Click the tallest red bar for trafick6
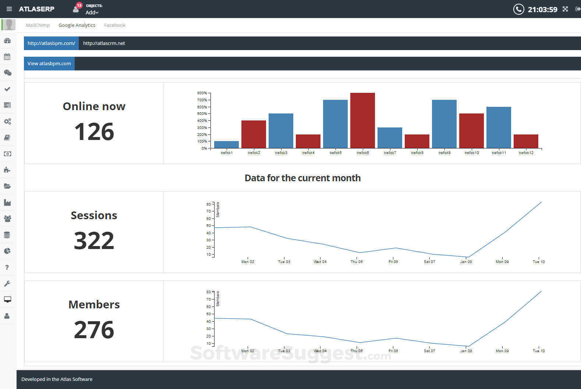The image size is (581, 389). pyautogui.click(x=362, y=120)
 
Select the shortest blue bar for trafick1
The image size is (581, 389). pyautogui.click(x=226, y=144)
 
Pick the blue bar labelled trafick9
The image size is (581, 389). pyautogui.click(x=444, y=124)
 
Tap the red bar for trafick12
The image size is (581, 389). pyautogui.click(x=526, y=141)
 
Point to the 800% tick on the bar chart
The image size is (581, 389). pyautogui.click(x=202, y=93)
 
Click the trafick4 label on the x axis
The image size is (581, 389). pyautogui.click(x=308, y=153)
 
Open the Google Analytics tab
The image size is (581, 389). pyautogui.click(x=77, y=25)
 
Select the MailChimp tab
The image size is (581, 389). pyautogui.click(x=38, y=25)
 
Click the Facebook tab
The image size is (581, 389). pyautogui.click(x=114, y=25)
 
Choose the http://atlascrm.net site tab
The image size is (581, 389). pyautogui.click(x=104, y=43)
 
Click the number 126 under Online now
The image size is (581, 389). pyautogui.click(x=94, y=132)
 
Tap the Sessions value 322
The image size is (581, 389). pyautogui.click(x=94, y=241)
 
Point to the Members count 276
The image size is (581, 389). pyautogui.click(x=94, y=330)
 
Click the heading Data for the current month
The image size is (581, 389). pyautogui.click(x=302, y=178)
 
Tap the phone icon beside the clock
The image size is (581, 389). pyautogui.click(x=518, y=9)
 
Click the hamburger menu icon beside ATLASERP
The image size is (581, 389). pyautogui.click(x=9, y=9)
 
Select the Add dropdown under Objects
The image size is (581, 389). pyautogui.click(x=92, y=13)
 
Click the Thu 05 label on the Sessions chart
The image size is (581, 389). pyautogui.click(x=357, y=262)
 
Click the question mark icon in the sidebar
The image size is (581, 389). pyautogui.click(x=7, y=267)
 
